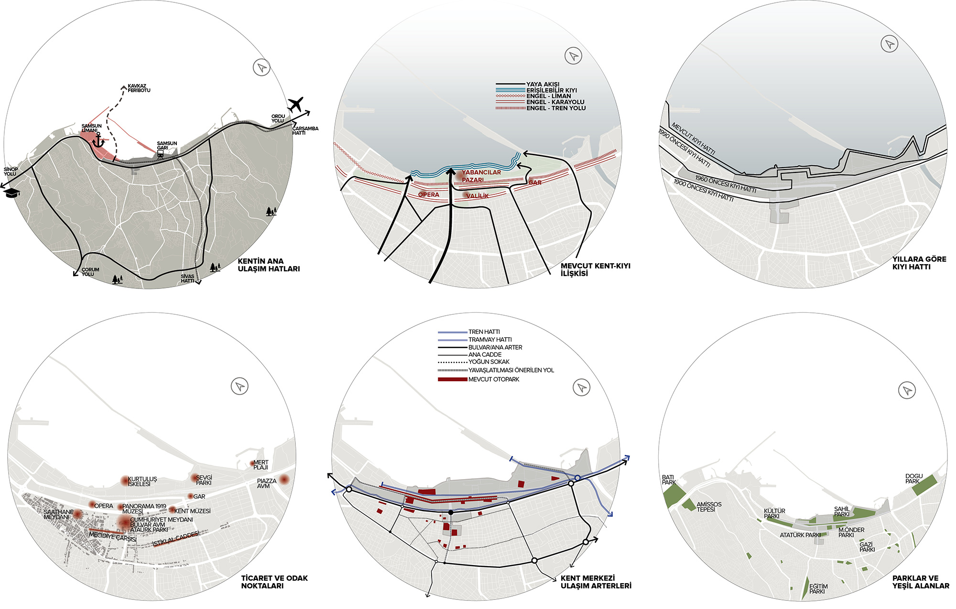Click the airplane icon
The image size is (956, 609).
click(x=296, y=104)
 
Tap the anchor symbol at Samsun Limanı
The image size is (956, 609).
click(x=98, y=140)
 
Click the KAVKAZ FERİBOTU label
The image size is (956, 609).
click(x=139, y=88)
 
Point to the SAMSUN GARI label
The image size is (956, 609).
click(x=167, y=146)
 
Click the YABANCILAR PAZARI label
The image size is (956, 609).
click(x=481, y=176)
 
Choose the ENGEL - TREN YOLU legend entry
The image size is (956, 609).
click(x=555, y=108)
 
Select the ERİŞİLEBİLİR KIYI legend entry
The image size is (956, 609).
click(x=551, y=90)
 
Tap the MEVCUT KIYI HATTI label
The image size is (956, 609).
click(x=693, y=139)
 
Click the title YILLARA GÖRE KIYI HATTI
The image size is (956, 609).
click(x=919, y=263)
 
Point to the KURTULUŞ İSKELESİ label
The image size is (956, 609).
click(x=142, y=481)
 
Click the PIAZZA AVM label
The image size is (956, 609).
click(x=266, y=483)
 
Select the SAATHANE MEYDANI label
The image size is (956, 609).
click(x=58, y=514)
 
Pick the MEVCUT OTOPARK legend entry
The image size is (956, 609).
click(x=493, y=379)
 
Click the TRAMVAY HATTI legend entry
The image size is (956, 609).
click(x=489, y=340)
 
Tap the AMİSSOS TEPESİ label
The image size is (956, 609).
click(x=709, y=507)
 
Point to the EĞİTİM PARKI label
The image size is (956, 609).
click(x=818, y=589)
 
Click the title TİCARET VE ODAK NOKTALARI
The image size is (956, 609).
click(x=274, y=582)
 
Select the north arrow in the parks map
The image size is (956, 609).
click(x=907, y=390)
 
